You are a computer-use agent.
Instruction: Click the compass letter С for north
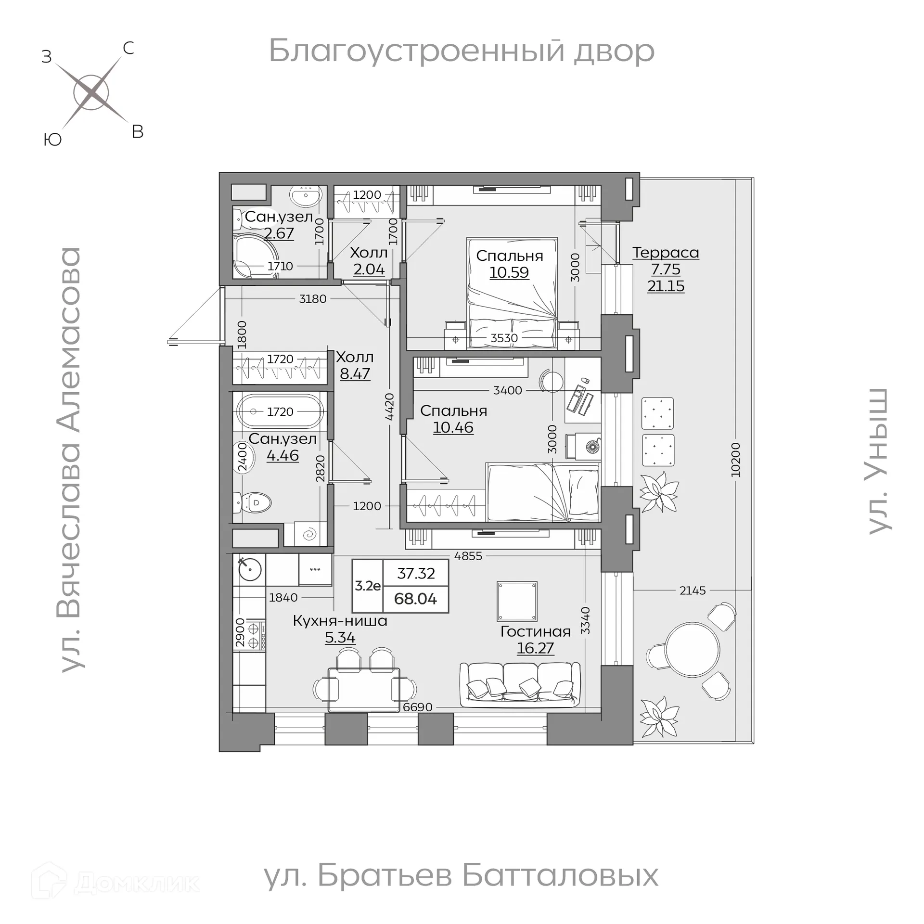(128, 48)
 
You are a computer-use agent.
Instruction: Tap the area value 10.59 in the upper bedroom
(509, 272)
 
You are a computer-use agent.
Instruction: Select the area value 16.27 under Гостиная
(535, 648)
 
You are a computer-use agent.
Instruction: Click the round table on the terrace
(692, 646)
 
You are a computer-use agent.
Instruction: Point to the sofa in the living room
(520, 685)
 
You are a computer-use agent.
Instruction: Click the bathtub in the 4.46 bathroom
(281, 412)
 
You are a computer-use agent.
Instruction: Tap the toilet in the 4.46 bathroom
(255, 503)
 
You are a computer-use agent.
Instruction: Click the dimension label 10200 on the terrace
(735, 460)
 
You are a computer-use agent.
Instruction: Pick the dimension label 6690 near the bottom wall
(417, 707)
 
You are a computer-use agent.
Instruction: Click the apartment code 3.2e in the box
(368, 586)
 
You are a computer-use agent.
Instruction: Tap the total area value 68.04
(415, 599)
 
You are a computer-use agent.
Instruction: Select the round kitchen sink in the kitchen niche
(250, 569)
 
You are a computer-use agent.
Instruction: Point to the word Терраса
(666, 253)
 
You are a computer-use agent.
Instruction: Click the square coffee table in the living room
(517, 601)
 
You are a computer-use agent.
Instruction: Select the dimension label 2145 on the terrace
(692, 590)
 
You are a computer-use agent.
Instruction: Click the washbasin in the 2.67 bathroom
(305, 196)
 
